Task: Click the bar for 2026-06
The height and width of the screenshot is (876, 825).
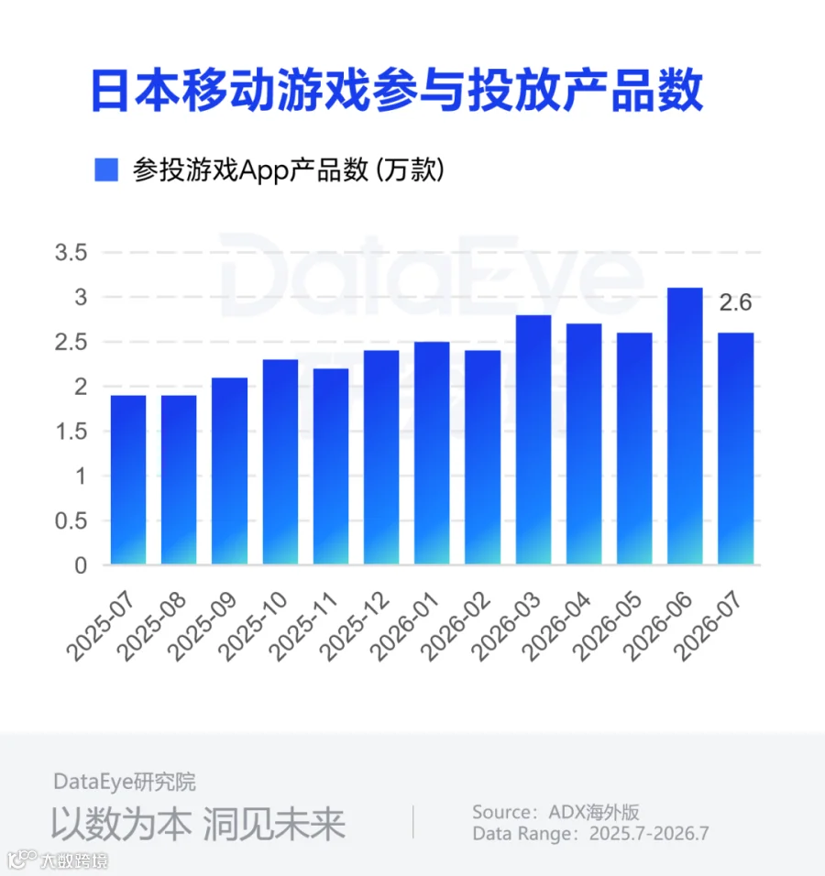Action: coord(685,426)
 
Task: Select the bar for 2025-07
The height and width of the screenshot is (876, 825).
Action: coord(128,480)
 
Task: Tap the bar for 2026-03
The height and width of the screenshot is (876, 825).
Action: coord(533,440)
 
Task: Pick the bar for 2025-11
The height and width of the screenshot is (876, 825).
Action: coord(331,466)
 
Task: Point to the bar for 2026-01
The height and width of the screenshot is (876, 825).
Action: coord(432,453)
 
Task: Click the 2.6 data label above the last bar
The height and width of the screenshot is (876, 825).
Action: coord(735,302)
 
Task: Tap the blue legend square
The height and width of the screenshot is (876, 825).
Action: coord(106,170)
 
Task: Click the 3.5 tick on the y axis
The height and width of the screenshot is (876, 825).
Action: coord(71,253)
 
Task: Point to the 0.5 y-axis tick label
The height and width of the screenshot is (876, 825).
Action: coord(71,521)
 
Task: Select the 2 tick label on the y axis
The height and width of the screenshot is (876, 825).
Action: coord(81,387)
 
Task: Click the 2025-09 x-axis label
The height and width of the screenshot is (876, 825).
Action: coord(203,627)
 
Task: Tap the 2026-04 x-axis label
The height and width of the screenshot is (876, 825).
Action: coord(556,627)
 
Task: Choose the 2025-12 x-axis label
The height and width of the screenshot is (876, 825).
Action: coord(355,627)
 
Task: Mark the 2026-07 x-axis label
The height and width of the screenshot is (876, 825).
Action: coord(708,627)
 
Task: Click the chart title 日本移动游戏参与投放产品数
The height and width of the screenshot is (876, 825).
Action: coord(397,91)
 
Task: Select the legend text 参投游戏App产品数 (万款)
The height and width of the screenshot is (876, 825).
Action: coord(289,170)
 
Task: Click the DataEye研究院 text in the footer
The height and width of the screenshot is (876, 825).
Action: coord(125,782)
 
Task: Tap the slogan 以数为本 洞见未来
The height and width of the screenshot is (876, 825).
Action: coord(198,824)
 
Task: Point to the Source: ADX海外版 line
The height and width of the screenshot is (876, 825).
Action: coord(555,812)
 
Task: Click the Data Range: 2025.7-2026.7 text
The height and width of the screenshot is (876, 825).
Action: coord(591,834)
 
